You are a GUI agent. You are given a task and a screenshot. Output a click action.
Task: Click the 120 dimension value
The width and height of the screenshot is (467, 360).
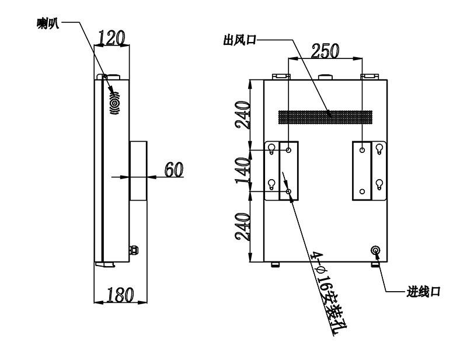(x=111, y=38)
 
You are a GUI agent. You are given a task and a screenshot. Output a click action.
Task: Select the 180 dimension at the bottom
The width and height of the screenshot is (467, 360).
(x=120, y=295)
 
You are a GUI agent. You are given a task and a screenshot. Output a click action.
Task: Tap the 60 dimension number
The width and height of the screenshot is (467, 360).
(x=174, y=169)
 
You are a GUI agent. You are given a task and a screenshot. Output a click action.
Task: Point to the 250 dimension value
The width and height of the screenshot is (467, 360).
(x=325, y=51)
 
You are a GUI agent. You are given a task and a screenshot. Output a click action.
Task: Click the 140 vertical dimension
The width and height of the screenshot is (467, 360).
(x=242, y=170)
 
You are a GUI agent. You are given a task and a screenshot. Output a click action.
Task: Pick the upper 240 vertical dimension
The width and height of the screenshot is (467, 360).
(x=242, y=115)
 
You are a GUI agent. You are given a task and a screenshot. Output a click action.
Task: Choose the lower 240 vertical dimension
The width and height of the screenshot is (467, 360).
(x=242, y=226)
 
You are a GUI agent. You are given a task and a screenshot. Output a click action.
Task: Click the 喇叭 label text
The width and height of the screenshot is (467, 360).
(x=48, y=23)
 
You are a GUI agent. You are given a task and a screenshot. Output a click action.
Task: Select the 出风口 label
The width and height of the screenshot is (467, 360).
(x=240, y=40)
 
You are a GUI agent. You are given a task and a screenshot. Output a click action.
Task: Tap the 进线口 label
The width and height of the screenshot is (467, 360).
(x=423, y=292)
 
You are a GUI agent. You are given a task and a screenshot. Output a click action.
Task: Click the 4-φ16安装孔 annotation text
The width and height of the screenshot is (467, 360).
(x=328, y=293)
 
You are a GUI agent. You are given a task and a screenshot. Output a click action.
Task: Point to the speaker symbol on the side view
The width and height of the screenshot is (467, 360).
(x=115, y=103)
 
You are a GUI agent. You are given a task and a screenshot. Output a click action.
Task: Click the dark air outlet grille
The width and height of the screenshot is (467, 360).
(x=325, y=117)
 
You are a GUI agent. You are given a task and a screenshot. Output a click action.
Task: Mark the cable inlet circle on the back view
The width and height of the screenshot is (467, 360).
(x=375, y=250)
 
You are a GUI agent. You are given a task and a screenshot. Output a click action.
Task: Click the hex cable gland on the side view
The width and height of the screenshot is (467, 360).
(x=134, y=250)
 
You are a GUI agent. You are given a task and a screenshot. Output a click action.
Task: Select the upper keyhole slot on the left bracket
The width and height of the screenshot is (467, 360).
(x=271, y=149)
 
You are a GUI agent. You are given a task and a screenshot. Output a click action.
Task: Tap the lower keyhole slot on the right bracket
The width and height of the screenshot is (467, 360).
(x=379, y=184)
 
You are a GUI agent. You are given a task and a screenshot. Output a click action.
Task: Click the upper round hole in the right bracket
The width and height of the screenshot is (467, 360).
(x=362, y=150)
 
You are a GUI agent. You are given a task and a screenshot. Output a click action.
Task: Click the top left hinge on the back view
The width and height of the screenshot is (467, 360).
(x=281, y=76)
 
